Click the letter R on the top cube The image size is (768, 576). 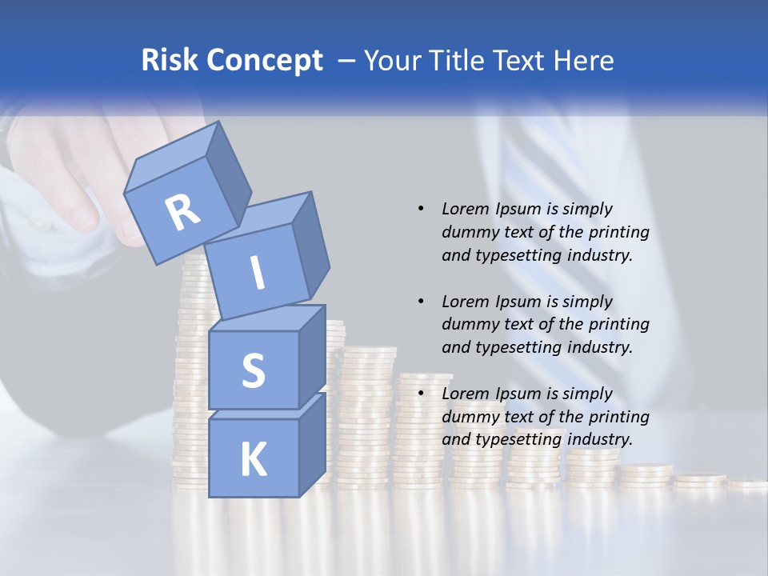point(183,213)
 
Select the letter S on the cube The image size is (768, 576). point(253,371)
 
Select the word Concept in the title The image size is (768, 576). point(263,61)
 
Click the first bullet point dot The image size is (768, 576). point(421,209)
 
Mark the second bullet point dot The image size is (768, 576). point(421,302)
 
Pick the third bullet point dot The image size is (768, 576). point(421,394)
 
